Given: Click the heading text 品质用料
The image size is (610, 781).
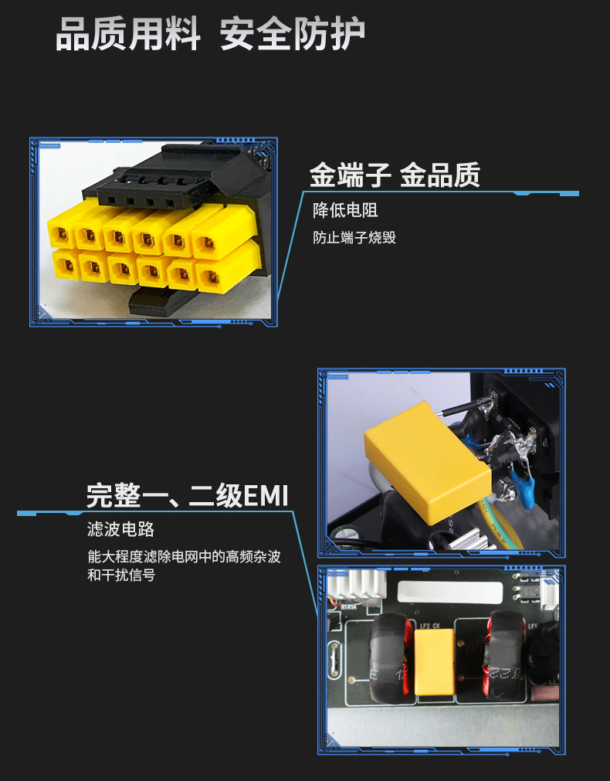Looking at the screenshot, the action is [128, 34].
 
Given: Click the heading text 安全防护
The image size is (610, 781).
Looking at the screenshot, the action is [293, 34].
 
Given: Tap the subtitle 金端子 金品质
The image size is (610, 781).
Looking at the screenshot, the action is [395, 175].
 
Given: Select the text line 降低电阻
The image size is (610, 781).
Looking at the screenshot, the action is [345, 210].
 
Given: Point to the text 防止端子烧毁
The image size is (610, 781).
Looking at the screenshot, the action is [354, 237].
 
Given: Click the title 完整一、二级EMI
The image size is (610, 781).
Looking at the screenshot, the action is [188, 495].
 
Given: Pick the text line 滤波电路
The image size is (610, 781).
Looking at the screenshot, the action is [120, 529].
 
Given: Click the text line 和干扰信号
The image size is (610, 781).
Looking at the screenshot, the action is [121, 575].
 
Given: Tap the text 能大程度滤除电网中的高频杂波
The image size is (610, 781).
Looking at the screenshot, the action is [184, 556].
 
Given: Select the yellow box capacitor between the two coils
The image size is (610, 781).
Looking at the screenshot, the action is [434, 661].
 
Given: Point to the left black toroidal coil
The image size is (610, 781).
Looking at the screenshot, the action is [391, 658].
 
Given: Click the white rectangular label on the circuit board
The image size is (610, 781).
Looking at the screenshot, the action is [449, 593].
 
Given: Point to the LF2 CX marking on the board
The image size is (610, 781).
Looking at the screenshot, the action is [429, 626].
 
